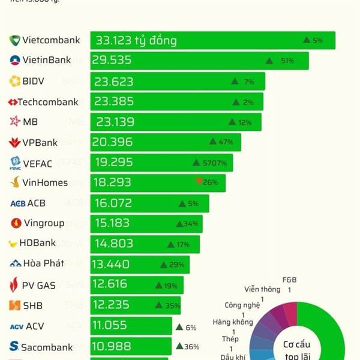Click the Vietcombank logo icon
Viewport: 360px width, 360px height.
[14, 41]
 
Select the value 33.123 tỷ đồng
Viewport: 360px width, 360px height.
[136, 41]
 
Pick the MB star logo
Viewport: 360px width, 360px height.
[15, 122]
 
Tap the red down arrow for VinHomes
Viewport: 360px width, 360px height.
[199, 182]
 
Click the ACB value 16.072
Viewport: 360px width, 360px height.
[113, 203]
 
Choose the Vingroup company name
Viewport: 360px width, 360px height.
[44, 223]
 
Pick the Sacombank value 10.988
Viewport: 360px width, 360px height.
[113, 346]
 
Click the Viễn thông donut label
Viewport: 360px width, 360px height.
[262, 289]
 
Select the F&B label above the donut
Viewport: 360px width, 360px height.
[289, 280]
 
